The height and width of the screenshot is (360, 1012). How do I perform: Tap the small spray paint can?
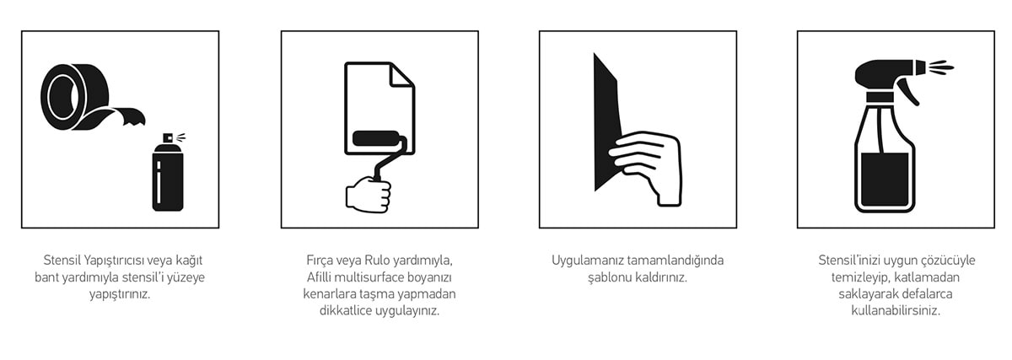coord(168,173)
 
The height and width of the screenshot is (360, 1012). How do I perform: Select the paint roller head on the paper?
coord(376,138)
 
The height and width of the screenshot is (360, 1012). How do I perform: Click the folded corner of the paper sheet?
coord(401,75)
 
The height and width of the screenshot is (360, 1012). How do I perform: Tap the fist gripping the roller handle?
coord(369,195)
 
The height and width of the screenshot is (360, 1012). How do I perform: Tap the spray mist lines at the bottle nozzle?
coord(939,67)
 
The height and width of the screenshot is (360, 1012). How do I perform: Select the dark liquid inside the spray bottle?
coord(885,180)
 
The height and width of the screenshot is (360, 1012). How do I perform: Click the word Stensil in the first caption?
coord(62,261)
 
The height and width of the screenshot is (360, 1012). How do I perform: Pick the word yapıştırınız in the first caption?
coord(120,294)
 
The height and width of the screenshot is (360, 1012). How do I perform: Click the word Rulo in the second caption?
coord(377,261)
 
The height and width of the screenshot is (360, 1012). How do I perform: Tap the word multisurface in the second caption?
coord(369,277)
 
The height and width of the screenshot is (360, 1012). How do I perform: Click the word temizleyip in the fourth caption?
coord(859,277)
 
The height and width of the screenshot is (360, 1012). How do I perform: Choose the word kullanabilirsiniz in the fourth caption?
coord(896,311)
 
